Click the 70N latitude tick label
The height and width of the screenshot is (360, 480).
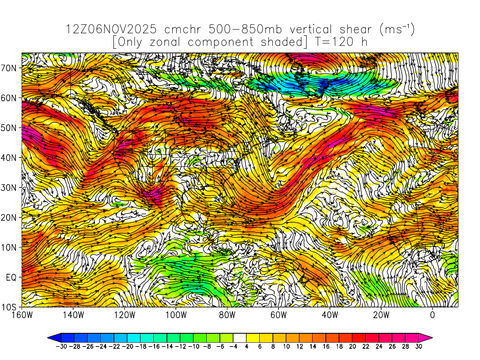(x=10, y=67)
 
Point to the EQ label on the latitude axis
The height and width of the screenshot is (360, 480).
(x=11, y=277)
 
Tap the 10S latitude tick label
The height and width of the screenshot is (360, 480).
(x=10, y=307)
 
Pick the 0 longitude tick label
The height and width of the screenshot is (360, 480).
(x=433, y=315)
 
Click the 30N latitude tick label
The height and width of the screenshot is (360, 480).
(x=10, y=187)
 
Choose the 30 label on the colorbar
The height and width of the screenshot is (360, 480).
(x=419, y=346)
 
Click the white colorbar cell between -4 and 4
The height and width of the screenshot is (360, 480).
(x=240, y=337)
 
